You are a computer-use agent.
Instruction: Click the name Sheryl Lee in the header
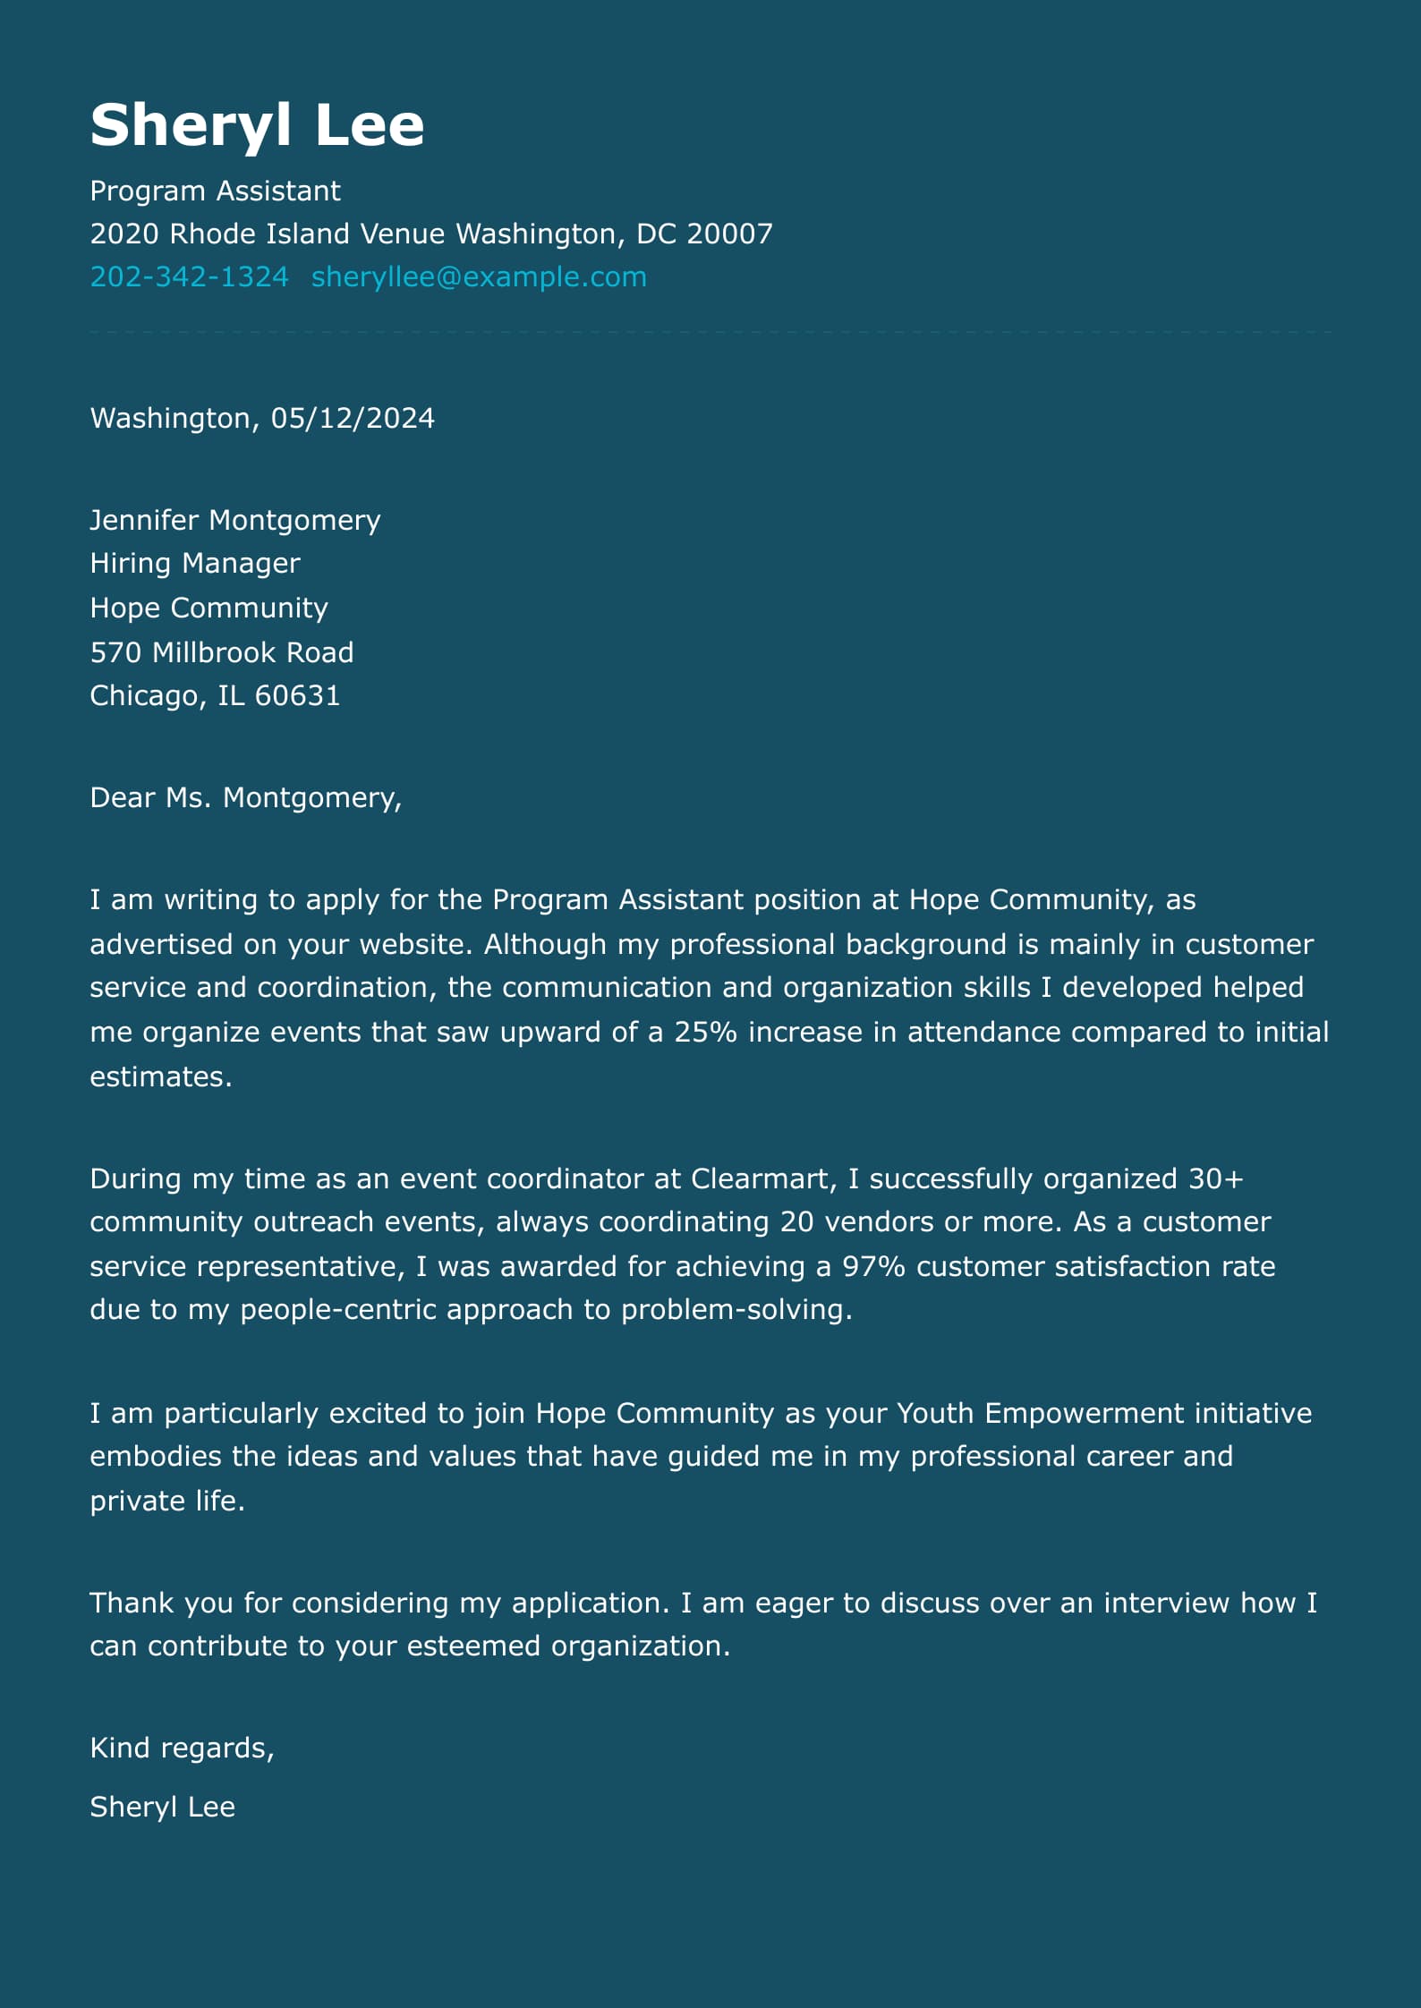pyautogui.click(x=257, y=125)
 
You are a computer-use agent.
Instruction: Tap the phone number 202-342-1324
pyautogui.click(x=189, y=277)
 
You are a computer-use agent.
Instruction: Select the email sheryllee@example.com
pyautogui.click(x=479, y=277)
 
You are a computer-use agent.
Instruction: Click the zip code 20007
pyautogui.click(x=729, y=234)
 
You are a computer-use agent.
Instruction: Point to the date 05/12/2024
pyautogui.click(x=353, y=418)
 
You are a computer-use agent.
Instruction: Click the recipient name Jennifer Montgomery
pyautogui.click(x=235, y=520)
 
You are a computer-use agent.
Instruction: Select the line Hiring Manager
pyautogui.click(x=195, y=563)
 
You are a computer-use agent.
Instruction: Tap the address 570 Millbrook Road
pyautogui.click(x=222, y=652)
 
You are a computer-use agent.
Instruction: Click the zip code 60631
pyautogui.click(x=297, y=695)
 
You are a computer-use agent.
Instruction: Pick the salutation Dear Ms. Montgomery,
pyautogui.click(x=246, y=797)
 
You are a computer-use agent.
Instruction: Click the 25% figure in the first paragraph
pyautogui.click(x=705, y=1032)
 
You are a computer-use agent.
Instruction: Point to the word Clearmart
pyautogui.click(x=762, y=1178)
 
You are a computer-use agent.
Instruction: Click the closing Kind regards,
pyautogui.click(x=182, y=1748)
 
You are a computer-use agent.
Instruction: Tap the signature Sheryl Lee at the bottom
pyautogui.click(x=162, y=1807)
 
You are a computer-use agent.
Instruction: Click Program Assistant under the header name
pyautogui.click(x=215, y=191)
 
